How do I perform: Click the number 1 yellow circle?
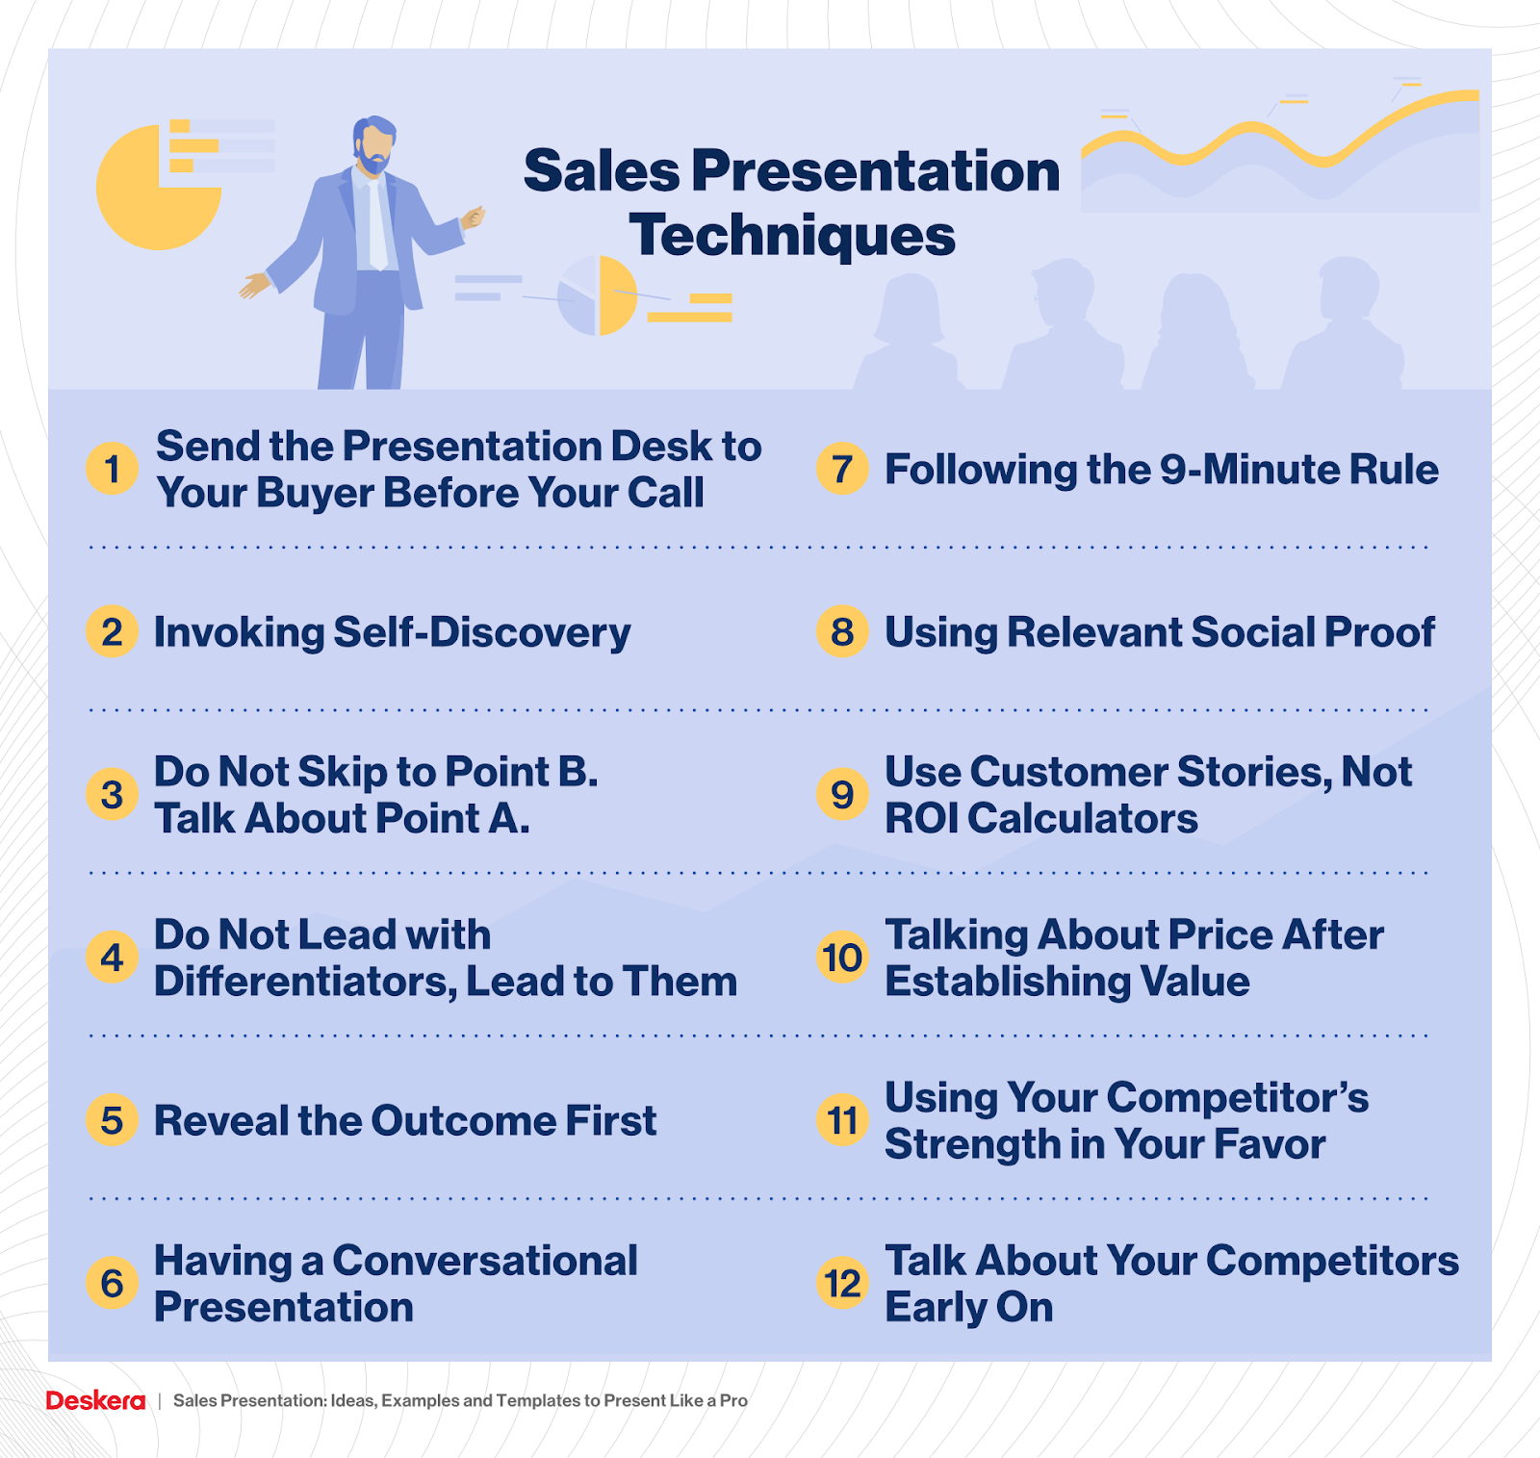[113, 469]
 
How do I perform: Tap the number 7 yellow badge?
[843, 469]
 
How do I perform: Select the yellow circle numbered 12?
[843, 1283]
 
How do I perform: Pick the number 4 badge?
[113, 958]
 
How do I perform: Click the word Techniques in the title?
[792, 237]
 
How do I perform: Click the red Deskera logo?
[95, 1400]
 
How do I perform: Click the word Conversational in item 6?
[485, 1261]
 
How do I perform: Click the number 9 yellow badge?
[843, 794]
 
